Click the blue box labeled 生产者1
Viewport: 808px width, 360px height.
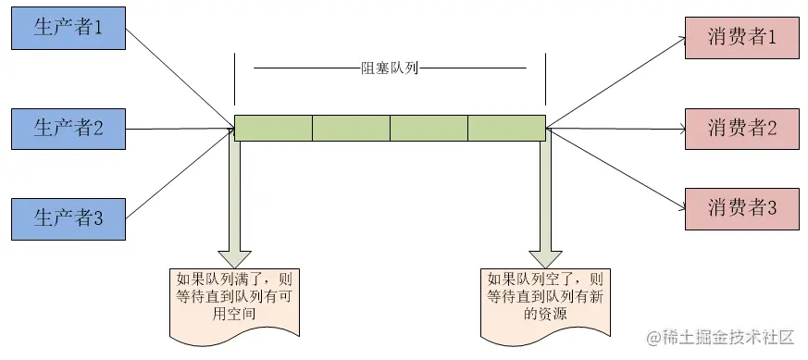pos(67,28)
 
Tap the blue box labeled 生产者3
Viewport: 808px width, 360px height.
pos(67,219)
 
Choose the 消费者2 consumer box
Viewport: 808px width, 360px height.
pos(740,128)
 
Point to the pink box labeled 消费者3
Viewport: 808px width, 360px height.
pos(740,207)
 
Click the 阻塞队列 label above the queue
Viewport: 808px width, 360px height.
pos(390,68)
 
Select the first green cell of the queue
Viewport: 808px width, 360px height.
pos(273,128)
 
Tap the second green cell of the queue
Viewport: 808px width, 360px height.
pos(351,128)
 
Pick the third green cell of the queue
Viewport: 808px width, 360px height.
pos(429,128)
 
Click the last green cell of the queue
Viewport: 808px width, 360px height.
pos(506,128)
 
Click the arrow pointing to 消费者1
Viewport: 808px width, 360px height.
pos(615,83)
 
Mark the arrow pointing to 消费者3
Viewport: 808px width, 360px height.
pos(615,167)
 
